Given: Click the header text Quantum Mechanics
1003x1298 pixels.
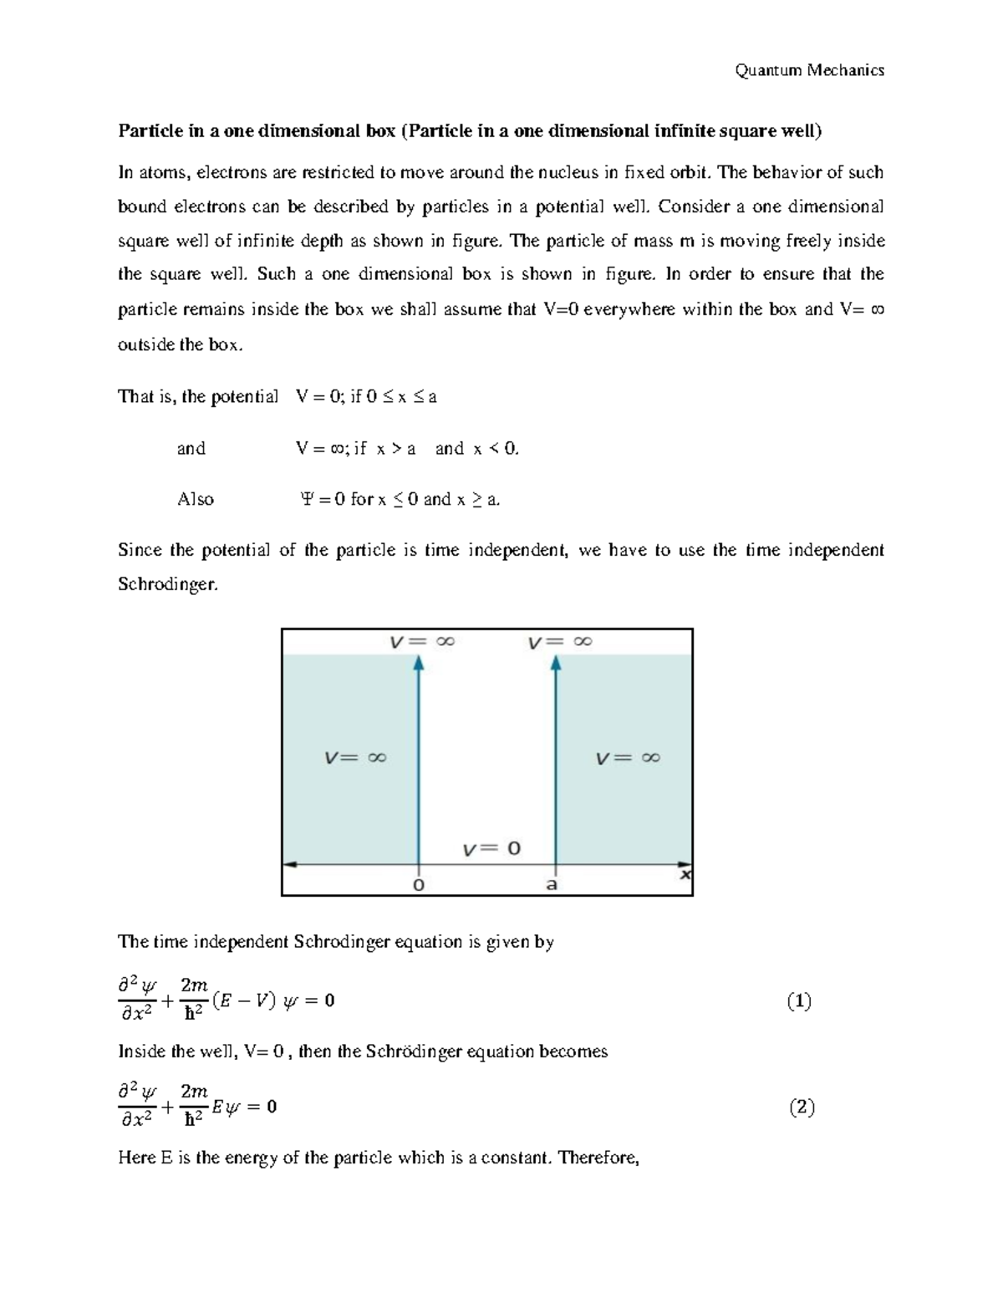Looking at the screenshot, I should pyautogui.click(x=809, y=70).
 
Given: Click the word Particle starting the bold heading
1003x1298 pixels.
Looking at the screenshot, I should pyautogui.click(x=145, y=130).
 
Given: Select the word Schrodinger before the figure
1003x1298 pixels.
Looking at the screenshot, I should pyautogui.click(x=167, y=584).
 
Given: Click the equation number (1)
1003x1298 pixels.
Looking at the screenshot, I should pyautogui.click(x=799, y=1000).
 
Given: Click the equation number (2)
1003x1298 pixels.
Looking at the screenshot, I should pyautogui.click(x=801, y=1107).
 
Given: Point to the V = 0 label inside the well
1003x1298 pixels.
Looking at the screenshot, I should pyautogui.click(x=492, y=848).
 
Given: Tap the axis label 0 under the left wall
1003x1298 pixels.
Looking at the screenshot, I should pyautogui.click(x=419, y=884).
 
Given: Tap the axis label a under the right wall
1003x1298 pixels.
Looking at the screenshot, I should pyautogui.click(x=552, y=884).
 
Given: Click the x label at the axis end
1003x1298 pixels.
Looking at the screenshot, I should pyautogui.click(x=685, y=874).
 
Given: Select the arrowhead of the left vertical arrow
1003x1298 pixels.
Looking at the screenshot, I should pyautogui.click(x=419, y=663).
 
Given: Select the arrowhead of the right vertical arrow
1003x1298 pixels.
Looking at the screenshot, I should pyautogui.click(x=556, y=663).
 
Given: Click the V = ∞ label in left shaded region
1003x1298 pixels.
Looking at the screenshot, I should pyautogui.click(x=355, y=758).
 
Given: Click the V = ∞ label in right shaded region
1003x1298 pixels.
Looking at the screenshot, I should pyautogui.click(x=628, y=758).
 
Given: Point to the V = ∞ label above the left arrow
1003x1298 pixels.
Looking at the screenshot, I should pyautogui.click(x=422, y=642).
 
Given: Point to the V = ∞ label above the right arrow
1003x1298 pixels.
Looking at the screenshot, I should pyautogui.click(x=560, y=642).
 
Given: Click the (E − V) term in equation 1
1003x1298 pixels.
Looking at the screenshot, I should pyautogui.click(x=244, y=1000).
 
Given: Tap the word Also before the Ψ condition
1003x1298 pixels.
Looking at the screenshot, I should pyautogui.click(x=196, y=499).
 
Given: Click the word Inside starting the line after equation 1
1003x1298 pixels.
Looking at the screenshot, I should pyautogui.click(x=143, y=1051).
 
